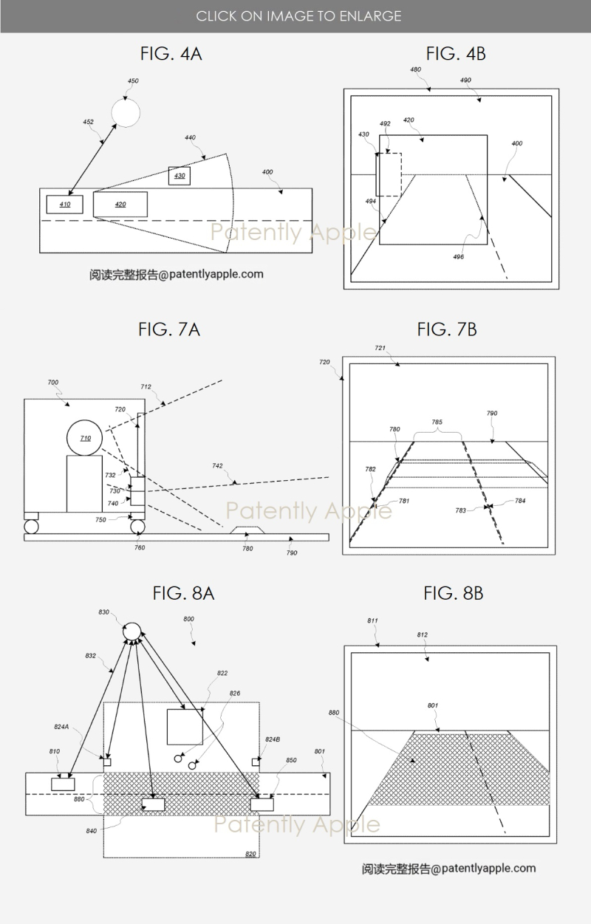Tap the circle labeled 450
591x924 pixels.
[126, 112]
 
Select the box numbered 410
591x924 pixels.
[65, 204]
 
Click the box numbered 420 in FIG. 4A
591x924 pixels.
[120, 204]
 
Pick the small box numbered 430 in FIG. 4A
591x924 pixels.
[180, 176]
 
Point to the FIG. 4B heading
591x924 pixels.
[456, 54]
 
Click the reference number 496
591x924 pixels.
[460, 256]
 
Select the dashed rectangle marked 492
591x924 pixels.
[389, 174]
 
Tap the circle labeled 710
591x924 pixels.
[86, 439]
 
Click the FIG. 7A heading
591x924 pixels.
[169, 329]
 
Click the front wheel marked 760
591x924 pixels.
[139, 527]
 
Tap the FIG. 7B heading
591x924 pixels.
[447, 329]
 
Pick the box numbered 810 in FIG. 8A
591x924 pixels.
[62, 783]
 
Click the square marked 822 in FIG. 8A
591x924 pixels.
[185, 727]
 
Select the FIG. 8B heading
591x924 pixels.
[454, 592]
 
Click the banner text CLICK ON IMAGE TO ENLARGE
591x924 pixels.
[298, 16]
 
